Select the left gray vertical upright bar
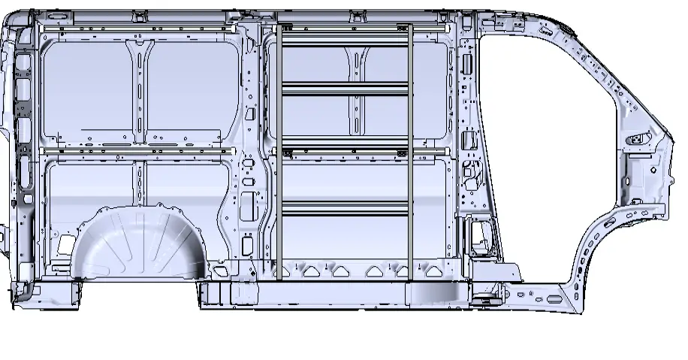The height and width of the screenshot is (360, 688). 278,150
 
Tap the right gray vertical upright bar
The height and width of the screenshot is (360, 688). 411,150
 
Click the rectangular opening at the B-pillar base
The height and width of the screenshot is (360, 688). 479,232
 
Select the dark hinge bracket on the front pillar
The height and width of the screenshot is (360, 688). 640,139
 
